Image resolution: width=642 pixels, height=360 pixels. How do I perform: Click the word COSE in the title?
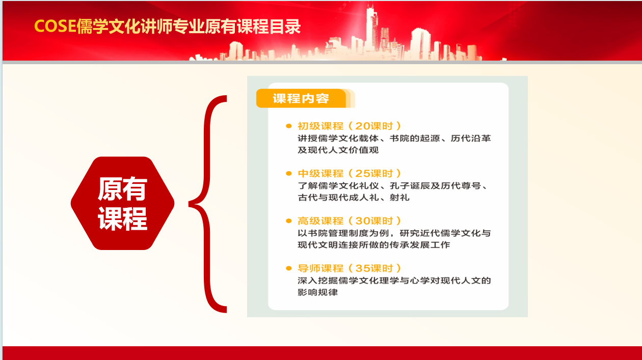tap(56, 26)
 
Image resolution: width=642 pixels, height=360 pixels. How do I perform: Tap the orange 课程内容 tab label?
tap(301, 98)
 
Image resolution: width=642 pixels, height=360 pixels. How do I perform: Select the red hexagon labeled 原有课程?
tap(123, 203)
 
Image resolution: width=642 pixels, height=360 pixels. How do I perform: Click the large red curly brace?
tap(208, 204)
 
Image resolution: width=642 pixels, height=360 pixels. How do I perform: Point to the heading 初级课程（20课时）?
tap(350, 126)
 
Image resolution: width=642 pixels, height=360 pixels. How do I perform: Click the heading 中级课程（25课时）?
tap(350, 173)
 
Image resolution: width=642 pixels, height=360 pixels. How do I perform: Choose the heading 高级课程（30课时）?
tap(350, 221)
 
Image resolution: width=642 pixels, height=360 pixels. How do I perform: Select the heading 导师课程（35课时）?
tap(350, 268)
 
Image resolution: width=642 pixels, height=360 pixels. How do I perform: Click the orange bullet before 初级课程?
tap(288, 126)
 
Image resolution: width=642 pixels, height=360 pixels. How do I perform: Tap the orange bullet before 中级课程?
tap(288, 173)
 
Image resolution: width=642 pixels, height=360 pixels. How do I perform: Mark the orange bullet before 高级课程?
tap(288, 221)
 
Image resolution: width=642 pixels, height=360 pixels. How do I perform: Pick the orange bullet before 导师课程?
tap(288, 268)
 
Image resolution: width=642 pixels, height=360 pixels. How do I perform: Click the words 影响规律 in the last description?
tap(318, 292)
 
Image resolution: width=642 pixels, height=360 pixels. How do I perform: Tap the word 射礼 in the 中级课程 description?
tap(399, 198)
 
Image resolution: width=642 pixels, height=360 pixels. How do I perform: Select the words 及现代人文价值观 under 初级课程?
tap(338, 150)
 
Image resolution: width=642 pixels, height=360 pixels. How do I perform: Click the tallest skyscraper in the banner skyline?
tap(372, 29)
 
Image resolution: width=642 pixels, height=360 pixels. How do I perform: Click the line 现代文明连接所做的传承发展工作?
tap(374, 245)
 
